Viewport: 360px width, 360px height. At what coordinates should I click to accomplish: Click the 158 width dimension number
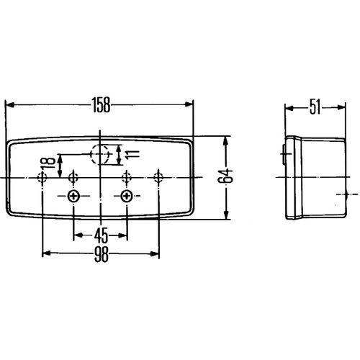(x=102, y=105)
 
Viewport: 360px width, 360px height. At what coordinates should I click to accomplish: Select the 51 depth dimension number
(x=315, y=107)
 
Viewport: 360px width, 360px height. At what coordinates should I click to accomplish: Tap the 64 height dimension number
(x=225, y=176)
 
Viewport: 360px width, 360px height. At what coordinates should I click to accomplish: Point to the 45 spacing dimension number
(x=101, y=235)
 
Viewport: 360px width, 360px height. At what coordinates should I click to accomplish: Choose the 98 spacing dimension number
(x=102, y=254)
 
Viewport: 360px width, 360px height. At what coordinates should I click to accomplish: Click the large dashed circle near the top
(x=100, y=154)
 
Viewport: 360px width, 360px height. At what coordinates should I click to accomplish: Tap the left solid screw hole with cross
(x=73, y=197)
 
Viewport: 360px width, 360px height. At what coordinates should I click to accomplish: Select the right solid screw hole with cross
(x=126, y=197)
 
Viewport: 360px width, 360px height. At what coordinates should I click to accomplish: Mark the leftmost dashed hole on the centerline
(x=42, y=178)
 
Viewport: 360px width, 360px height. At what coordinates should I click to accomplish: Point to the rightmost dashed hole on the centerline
(x=158, y=178)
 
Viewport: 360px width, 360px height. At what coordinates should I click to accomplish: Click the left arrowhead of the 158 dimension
(x=9, y=104)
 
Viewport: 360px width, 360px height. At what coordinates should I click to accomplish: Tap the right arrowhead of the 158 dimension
(x=189, y=104)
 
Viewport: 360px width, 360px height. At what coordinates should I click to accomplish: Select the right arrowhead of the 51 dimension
(x=341, y=107)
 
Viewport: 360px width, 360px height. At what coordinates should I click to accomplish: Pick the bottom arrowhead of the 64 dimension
(x=225, y=215)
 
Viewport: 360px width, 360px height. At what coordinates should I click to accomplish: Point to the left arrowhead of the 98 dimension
(x=47, y=253)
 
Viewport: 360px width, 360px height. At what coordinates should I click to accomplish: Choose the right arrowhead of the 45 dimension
(x=122, y=235)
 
